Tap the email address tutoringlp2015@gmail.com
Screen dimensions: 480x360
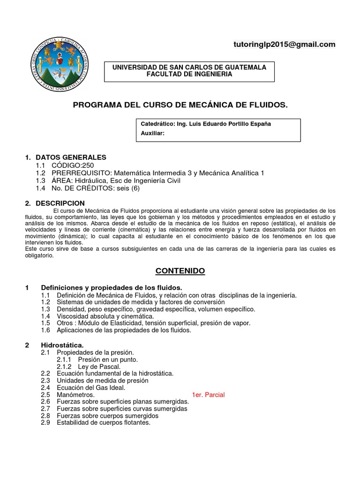tap(284, 45)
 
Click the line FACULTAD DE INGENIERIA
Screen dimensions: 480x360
tap(189, 75)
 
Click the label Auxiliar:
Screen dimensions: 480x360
tap(152, 134)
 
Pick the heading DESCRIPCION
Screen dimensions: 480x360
tap(60, 203)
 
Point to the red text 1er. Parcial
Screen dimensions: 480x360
tap(209, 395)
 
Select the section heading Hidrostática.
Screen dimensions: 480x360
tap(62, 345)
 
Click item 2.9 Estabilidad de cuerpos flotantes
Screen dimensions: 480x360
tap(103, 422)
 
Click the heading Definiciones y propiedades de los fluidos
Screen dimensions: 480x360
tap(112, 287)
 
